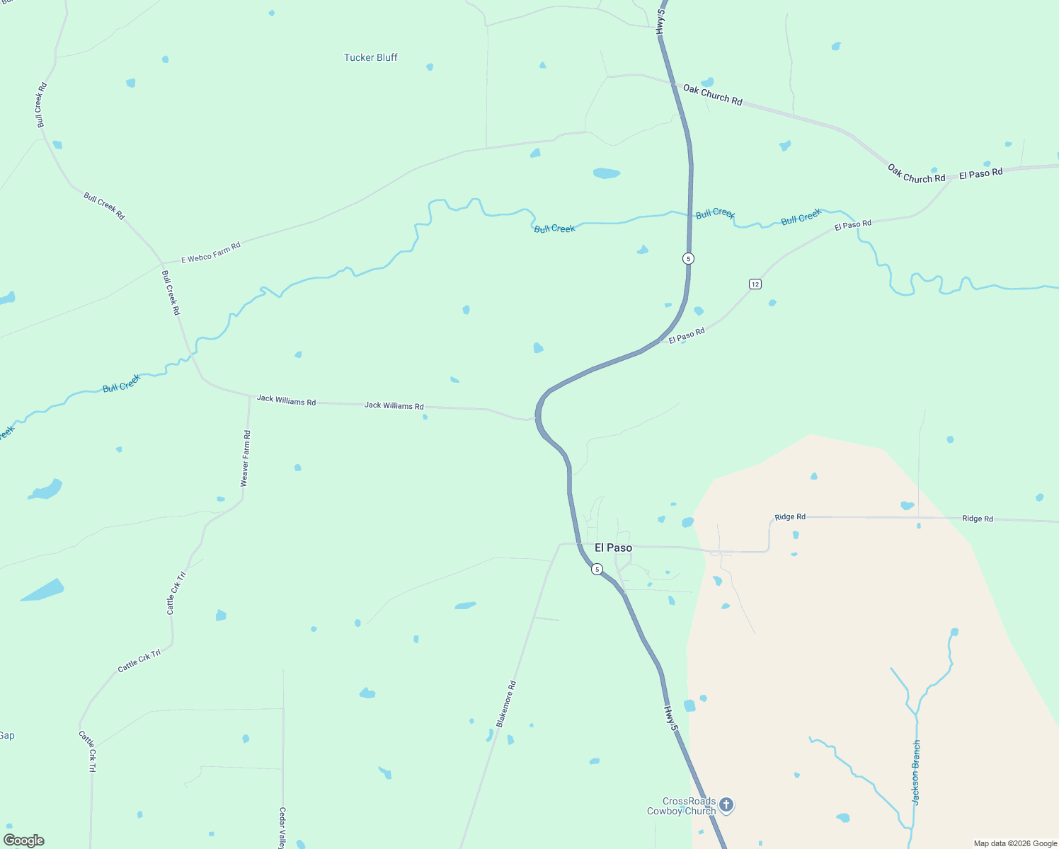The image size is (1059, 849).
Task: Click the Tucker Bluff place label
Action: [370, 57]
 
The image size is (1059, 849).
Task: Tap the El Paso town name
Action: [613, 548]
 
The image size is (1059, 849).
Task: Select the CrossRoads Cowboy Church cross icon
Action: [726, 805]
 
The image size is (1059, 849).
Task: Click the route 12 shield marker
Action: [755, 284]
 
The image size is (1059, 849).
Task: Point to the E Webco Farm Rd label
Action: [211, 253]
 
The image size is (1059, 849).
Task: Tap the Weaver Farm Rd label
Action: [246, 458]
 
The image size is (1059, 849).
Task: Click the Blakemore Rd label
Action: [506, 704]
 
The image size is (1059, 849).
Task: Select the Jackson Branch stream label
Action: [916, 773]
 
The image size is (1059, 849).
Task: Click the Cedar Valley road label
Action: [282, 828]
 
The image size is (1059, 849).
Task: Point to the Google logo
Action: [24, 841]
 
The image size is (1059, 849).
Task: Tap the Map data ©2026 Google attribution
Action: [1015, 843]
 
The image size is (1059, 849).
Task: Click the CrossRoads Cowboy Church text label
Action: [681, 806]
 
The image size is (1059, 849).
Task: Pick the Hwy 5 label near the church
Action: [671, 718]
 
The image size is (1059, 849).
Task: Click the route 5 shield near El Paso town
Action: [597, 570]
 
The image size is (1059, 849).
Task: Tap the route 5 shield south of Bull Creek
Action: [688, 258]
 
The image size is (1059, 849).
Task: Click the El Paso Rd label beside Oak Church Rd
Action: [980, 173]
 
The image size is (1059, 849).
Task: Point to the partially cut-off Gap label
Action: [6, 736]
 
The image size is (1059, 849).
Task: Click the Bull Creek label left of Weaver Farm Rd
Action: [122, 383]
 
